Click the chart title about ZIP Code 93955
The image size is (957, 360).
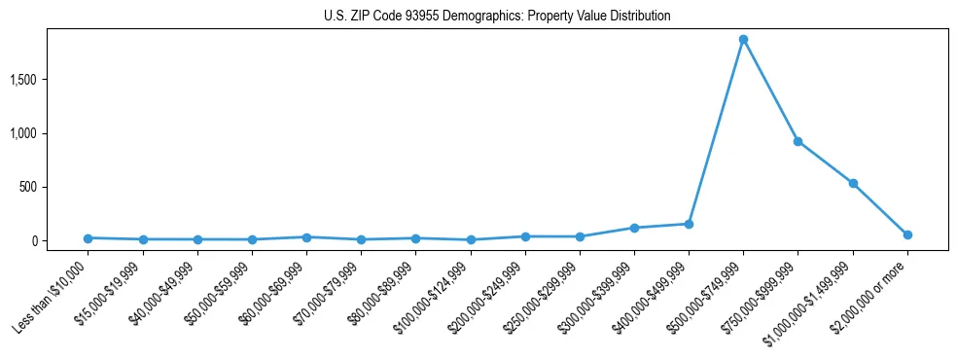[x=497, y=17]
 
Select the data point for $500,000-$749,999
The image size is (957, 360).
[x=743, y=40]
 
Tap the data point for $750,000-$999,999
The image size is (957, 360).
[x=797, y=141]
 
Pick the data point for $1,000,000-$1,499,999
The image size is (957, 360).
[x=853, y=183]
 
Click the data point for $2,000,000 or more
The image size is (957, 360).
[x=907, y=234]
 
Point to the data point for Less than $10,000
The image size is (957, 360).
[x=88, y=237]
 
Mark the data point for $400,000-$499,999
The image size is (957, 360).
[x=689, y=224]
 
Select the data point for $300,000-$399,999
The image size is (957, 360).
[x=634, y=228]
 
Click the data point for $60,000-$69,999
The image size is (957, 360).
[x=306, y=236]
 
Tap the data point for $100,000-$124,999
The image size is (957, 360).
[x=471, y=239]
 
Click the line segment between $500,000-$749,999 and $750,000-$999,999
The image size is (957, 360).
[x=770, y=90]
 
